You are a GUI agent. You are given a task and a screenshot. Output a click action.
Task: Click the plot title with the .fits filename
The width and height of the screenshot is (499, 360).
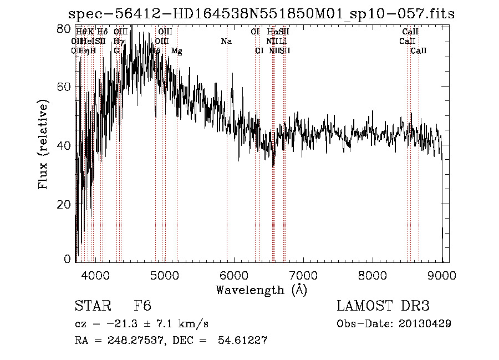pos(261,14)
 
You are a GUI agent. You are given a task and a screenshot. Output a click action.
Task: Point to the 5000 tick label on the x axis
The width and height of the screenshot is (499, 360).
pos(165,274)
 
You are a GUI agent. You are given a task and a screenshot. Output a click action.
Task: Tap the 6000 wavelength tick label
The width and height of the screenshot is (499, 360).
pos(234,274)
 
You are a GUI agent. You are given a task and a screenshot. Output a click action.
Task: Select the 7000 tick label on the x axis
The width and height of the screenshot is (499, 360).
pos(303,274)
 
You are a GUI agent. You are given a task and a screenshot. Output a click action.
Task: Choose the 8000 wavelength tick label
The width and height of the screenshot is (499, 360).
pos(373,274)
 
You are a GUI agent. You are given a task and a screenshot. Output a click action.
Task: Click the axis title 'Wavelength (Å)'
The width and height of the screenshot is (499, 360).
pos(261,289)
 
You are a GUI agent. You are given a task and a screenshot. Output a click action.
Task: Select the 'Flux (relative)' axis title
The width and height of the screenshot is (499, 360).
pos(43,145)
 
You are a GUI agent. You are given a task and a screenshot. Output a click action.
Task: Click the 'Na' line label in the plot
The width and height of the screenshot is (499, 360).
pos(226,42)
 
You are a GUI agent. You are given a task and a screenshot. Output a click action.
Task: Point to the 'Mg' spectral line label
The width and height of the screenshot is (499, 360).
pos(177,51)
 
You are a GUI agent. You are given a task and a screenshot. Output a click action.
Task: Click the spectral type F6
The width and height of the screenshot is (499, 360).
pos(142,306)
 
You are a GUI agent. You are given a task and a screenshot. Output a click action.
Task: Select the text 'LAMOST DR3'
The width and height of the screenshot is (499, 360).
pos(383,306)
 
